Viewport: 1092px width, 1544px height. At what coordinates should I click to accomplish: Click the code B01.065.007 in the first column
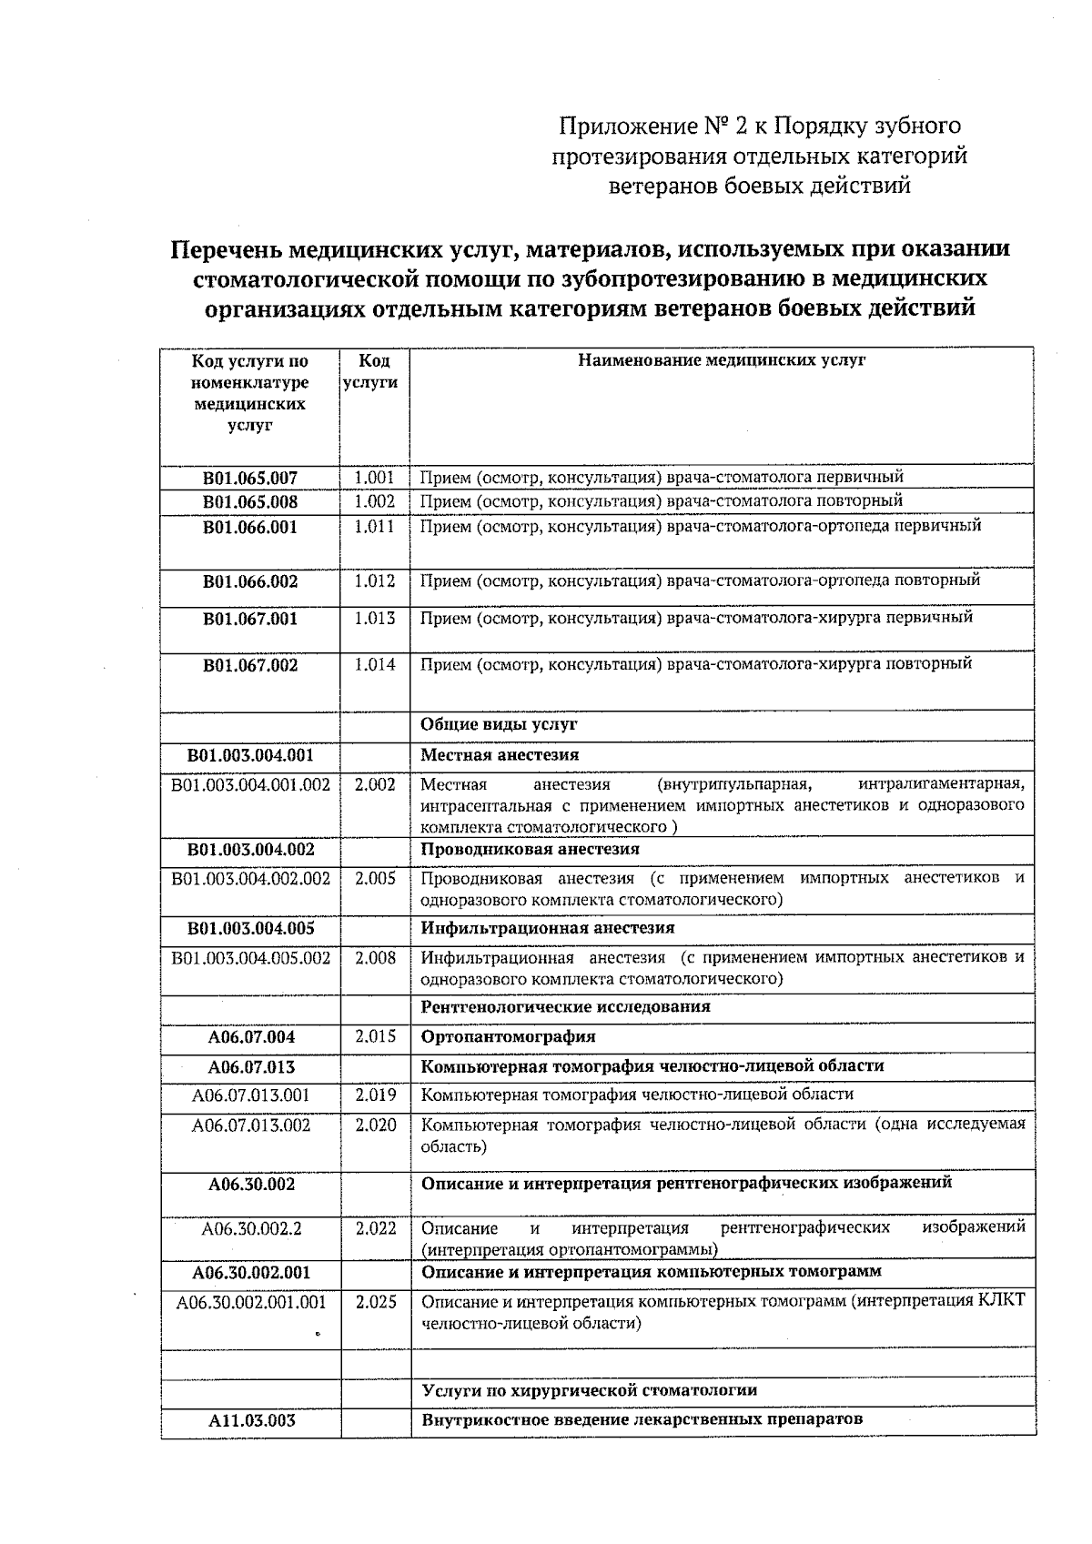(x=250, y=478)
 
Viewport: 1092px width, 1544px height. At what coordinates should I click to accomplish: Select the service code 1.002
(x=374, y=501)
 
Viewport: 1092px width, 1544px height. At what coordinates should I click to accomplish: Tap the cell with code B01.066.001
(x=250, y=527)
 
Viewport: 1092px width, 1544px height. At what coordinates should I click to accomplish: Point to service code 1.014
(x=374, y=665)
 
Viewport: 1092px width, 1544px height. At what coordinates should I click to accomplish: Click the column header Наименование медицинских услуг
(x=722, y=360)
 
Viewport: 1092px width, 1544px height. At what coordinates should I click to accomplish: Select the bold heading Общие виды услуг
(x=499, y=725)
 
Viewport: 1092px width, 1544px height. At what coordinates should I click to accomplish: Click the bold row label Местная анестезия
(x=499, y=755)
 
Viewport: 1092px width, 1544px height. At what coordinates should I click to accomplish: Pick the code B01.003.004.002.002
(x=250, y=879)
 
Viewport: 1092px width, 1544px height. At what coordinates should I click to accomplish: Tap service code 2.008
(x=374, y=957)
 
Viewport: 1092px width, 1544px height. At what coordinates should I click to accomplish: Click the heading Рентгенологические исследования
(x=565, y=1007)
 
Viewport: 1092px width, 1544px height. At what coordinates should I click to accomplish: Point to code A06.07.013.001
(x=250, y=1095)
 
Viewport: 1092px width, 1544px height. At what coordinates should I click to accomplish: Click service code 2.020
(x=375, y=1125)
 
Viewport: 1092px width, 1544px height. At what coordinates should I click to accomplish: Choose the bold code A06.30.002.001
(x=251, y=1272)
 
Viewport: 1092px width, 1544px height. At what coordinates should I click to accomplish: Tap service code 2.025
(x=375, y=1302)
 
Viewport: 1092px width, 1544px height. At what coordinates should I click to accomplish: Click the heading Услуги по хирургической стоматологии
(x=589, y=1390)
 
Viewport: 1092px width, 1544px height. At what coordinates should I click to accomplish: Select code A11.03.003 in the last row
(x=251, y=1420)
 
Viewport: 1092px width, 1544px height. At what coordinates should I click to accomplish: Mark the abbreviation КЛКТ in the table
(x=1001, y=1301)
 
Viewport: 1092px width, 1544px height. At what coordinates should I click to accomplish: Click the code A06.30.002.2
(x=251, y=1229)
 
